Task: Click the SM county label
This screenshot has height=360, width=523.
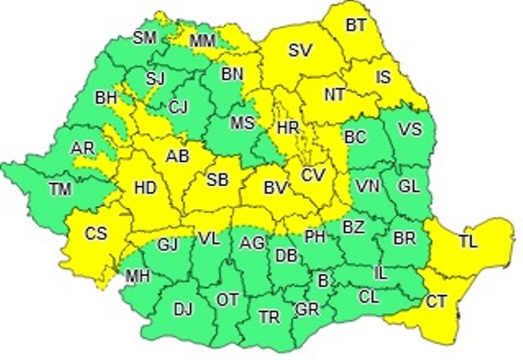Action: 145,38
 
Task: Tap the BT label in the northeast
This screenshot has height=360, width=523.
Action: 356,25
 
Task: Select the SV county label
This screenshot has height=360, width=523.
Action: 300,51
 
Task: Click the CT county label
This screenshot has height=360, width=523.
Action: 436,301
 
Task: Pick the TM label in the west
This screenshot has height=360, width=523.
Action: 60,190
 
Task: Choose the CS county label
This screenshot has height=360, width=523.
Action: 95,232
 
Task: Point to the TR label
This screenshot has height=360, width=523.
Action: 269,317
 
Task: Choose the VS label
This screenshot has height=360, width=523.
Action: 410,129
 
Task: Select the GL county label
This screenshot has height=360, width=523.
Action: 408,186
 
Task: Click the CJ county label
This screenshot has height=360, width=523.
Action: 178,107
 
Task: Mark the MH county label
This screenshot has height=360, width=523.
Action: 138,276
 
